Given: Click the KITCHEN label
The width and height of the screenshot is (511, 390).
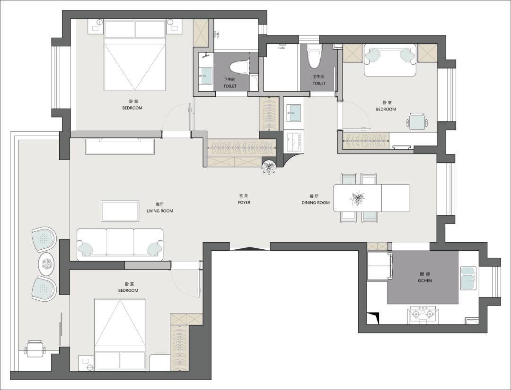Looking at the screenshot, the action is point(424,280).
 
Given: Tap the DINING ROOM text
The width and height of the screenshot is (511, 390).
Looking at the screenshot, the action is point(316,203).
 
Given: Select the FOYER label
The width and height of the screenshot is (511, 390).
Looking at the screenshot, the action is point(244,203).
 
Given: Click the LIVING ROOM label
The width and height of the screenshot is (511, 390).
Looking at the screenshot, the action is point(160,211).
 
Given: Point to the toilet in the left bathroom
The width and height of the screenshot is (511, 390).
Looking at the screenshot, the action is point(239,68).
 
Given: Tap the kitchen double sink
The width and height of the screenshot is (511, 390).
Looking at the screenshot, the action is point(468,279).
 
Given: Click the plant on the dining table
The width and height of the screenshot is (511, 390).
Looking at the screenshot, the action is point(357,198).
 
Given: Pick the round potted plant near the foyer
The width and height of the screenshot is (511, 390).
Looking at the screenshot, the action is point(269,167).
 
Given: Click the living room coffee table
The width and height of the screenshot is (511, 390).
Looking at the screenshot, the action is point(120,211).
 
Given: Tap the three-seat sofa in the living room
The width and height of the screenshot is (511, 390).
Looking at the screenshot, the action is point(120,244).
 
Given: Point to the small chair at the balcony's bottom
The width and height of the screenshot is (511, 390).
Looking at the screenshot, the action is point(35,349).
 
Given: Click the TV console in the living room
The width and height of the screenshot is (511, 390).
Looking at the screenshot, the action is point(120,146).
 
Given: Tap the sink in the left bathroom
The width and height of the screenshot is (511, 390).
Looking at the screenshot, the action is point(205,76).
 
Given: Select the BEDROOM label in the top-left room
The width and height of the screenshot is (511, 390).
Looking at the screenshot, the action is point(132,108).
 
